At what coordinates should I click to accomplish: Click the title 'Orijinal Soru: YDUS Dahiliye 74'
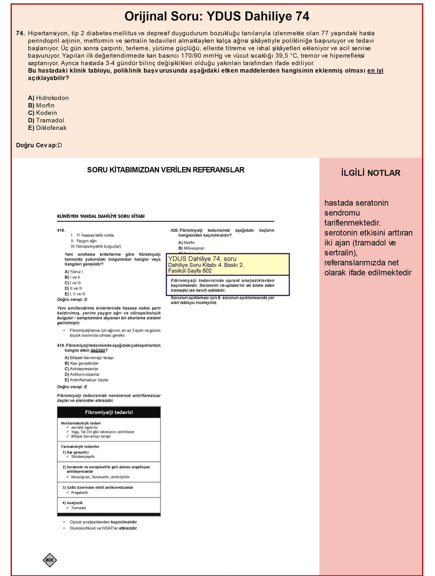point(217,16)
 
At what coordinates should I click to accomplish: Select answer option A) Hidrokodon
point(48,98)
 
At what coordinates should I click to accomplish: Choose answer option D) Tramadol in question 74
point(46,120)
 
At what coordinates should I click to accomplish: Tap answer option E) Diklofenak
point(47,128)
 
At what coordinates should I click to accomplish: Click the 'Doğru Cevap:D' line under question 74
point(39,145)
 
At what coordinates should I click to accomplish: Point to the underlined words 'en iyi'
point(375,71)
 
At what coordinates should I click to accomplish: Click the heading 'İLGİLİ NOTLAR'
point(370,173)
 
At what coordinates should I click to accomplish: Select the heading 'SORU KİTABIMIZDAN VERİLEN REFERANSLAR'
point(166,170)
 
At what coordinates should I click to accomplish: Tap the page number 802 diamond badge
point(50,560)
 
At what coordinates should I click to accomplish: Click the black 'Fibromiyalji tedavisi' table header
point(109,412)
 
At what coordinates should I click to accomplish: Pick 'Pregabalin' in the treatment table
point(79,493)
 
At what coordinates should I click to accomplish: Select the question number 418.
point(61,230)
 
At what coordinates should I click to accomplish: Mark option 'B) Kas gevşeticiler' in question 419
point(82,363)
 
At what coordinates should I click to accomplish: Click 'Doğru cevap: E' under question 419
point(72,387)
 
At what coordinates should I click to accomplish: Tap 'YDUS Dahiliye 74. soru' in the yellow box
point(202,259)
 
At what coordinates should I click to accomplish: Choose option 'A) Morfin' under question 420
point(186,243)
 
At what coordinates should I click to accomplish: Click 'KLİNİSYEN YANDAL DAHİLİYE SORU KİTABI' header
point(101,216)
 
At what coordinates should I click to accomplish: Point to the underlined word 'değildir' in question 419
point(98,351)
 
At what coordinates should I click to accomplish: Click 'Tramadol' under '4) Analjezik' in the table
point(79,508)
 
